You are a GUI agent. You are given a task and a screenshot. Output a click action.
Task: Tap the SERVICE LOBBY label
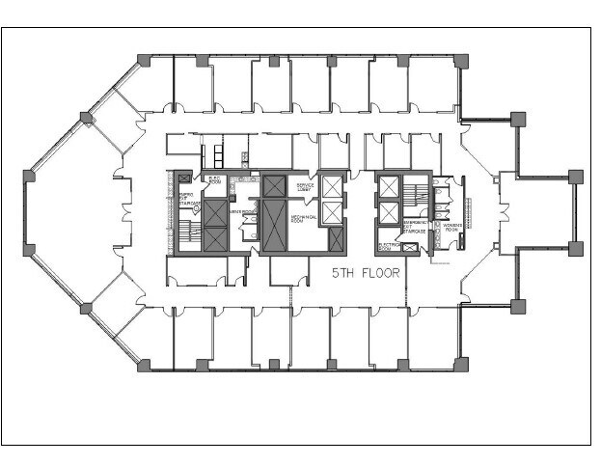pos(305,186)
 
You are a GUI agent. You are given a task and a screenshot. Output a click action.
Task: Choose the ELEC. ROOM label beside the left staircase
pos(213,180)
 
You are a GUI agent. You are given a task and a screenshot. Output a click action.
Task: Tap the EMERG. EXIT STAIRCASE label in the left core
pos(188,199)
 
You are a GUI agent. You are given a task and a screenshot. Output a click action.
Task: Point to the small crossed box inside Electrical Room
pos(412,248)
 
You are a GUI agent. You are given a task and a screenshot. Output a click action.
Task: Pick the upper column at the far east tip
pos(575,177)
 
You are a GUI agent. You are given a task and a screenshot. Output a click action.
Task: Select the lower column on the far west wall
pos(29,250)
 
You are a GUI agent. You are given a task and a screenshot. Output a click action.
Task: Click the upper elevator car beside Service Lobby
pos(333,187)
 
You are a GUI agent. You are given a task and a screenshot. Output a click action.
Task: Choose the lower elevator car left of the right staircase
pos(389,213)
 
